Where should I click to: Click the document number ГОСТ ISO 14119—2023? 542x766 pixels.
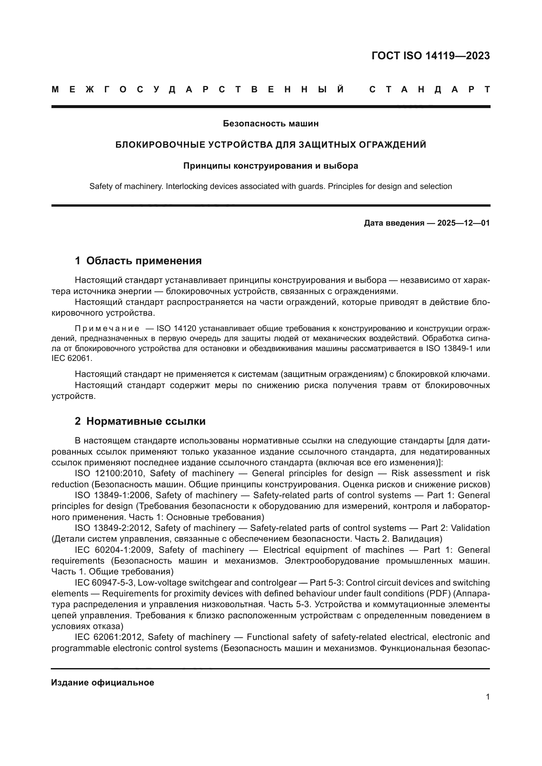click(x=430, y=56)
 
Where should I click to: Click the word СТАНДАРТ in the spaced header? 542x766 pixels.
click(x=430, y=90)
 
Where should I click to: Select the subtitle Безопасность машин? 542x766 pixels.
click(x=271, y=124)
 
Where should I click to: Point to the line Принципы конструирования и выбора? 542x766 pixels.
click(x=271, y=166)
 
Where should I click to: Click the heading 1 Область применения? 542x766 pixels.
click(x=138, y=261)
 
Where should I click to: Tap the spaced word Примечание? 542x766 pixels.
click(x=107, y=328)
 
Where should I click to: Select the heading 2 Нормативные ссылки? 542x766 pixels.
click(x=140, y=421)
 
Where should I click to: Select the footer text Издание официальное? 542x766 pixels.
click(x=103, y=682)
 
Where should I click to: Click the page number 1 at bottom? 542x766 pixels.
click(x=488, y=697)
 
